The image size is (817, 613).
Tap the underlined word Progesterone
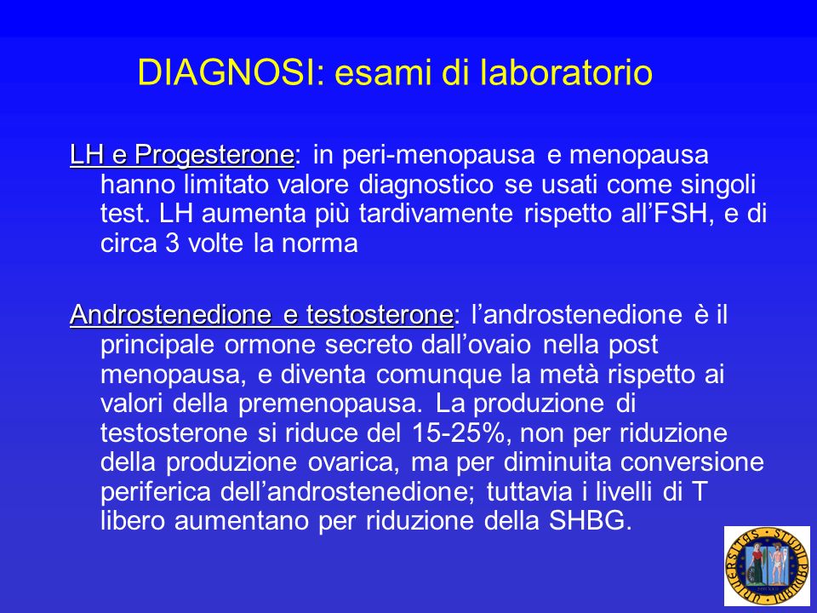[214, 156]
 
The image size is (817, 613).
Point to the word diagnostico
[426, 185]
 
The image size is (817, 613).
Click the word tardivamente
[436, 214]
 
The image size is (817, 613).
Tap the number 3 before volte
[173, 243]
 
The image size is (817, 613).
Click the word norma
[319, 243]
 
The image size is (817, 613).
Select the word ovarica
[352, 461]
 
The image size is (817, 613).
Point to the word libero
[133, 521]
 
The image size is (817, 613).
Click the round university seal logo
[767, 566]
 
